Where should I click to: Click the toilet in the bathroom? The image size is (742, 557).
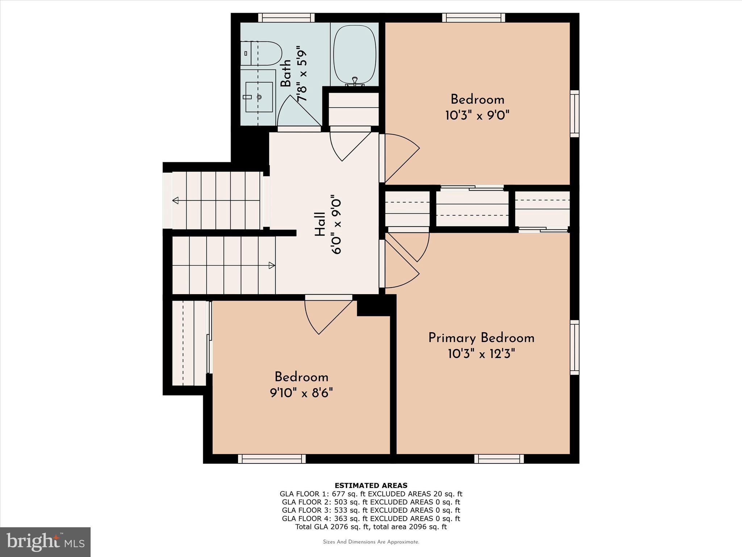(262, 53)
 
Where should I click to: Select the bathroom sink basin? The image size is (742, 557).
(259, 97)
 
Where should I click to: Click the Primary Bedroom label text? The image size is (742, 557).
(481, 338)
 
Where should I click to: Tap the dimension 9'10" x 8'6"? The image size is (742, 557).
(301, 393)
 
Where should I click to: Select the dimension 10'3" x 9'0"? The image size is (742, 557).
(477, 116)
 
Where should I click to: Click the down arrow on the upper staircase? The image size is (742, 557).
(176, 200)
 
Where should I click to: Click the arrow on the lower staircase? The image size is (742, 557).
(271, 265)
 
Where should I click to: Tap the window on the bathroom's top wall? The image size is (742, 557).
(286, 18)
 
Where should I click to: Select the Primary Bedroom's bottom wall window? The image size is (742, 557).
(499, 459)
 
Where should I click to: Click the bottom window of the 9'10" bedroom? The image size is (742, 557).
(272, 459)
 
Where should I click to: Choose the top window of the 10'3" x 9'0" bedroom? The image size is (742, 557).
(474, 18)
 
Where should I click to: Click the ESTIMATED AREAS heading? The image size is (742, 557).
(371, 486)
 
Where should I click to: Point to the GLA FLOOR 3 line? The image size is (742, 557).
(371, 510)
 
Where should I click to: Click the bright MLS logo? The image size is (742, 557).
(45, 542)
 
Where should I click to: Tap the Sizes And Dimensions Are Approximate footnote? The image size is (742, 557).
(371, 542)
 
